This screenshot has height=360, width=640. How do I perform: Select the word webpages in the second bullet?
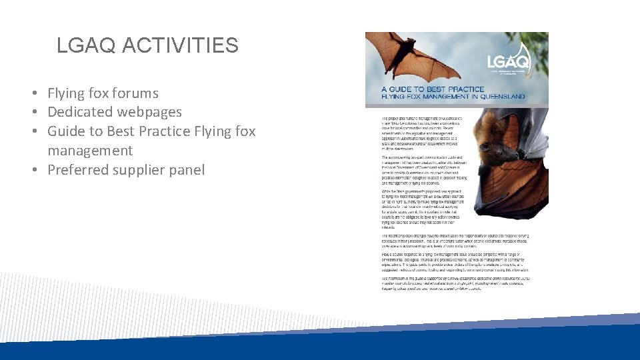tap(150, 112)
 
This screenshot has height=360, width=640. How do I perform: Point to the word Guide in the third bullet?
tap(67, 131)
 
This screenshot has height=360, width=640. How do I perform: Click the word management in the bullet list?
tap(90, 151)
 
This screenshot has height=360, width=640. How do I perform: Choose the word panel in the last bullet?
tap(187, 170)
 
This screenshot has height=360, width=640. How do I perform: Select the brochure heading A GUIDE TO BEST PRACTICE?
tap(433, 89)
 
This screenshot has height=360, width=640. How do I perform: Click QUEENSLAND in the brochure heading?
tap(498, 97)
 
